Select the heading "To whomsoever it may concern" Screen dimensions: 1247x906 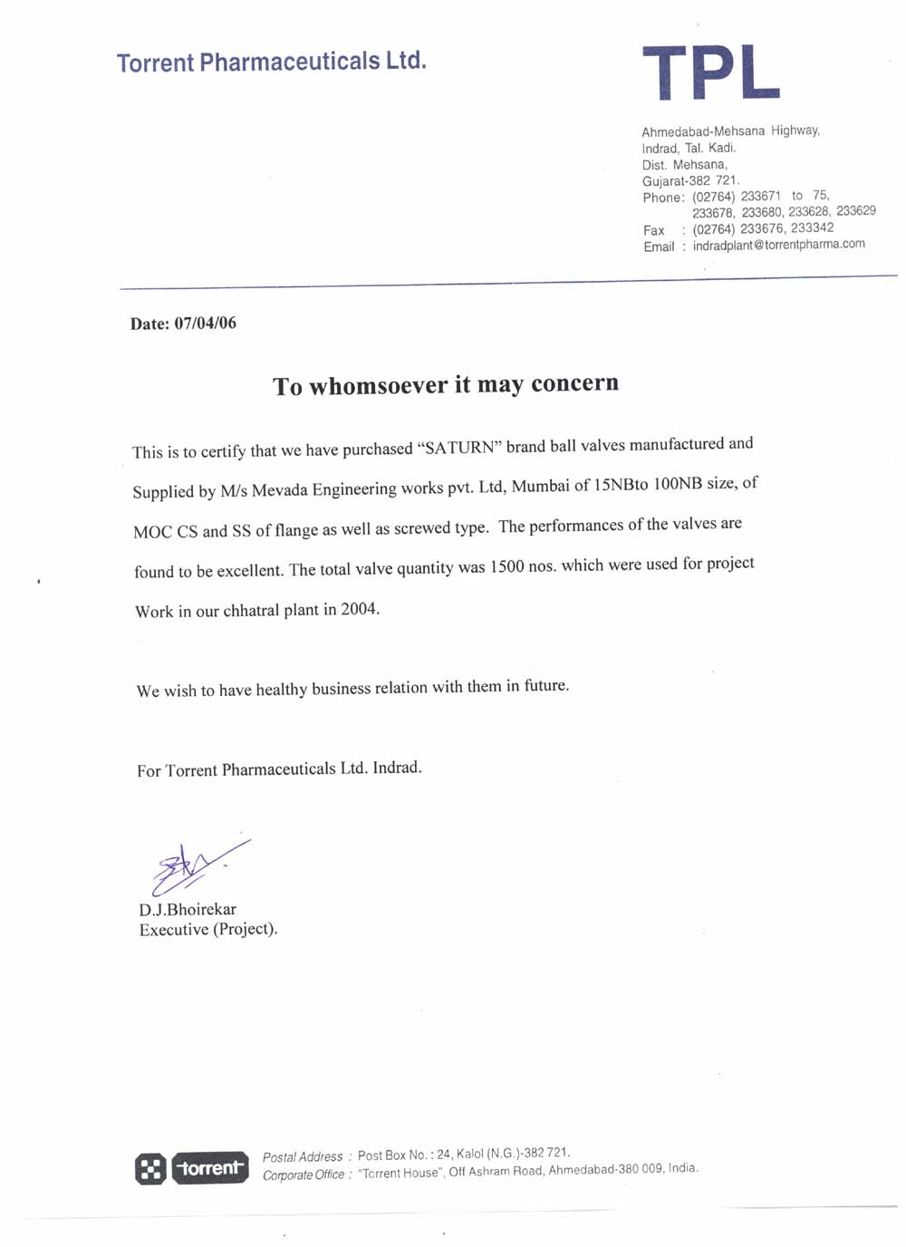pyautogui.click(x=446, y=385)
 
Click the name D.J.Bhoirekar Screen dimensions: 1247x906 pyautogui.click(x=188, y=909)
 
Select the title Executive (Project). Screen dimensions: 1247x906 pyautogui.click(x=207, y=929)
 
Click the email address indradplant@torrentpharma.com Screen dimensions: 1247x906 pyautogui.click(x=778, y=245)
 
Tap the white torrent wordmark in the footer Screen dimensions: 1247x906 pyautogui.click(x=210, y=1168)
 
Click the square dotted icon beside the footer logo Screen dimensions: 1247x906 pyautogui.click(x=150, y=1169)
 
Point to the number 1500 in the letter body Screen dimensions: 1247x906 pyautogui.click(x=506, y=566)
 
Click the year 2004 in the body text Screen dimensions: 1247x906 pyautogui.click(x=359, y=609)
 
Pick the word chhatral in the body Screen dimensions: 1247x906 pyautogui.click(x=251, y=611)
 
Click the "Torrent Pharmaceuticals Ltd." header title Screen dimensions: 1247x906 pyautogui.click(x=271, y=62)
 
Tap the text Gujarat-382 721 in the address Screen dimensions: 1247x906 pyautogui.click(x=689, y=180)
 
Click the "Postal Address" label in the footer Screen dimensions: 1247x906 pyautogui.click(x=303, y=1157)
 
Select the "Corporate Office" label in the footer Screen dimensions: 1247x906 pyautogui.click(x=304, y=1175)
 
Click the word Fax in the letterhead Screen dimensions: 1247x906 pyautogui.click(x=653, y=230)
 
